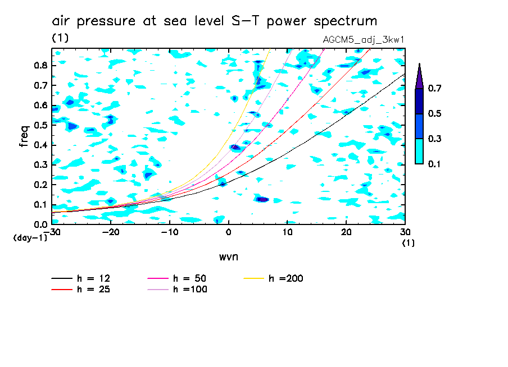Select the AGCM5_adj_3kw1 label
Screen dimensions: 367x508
click(x=364, y=39)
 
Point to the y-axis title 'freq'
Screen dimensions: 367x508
click(x=24, y=136)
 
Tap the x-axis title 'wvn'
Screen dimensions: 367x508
click(x=228, y=256)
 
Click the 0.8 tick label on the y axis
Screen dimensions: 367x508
click(x=39, y=65)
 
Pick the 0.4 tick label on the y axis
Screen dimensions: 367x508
click(x=39, y=145)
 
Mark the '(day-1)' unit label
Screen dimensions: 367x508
click(x=30, y=238)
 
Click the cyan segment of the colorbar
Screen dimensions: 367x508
click(x=419, y=151)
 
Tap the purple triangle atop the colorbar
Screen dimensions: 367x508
click(x=419, y=77)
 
